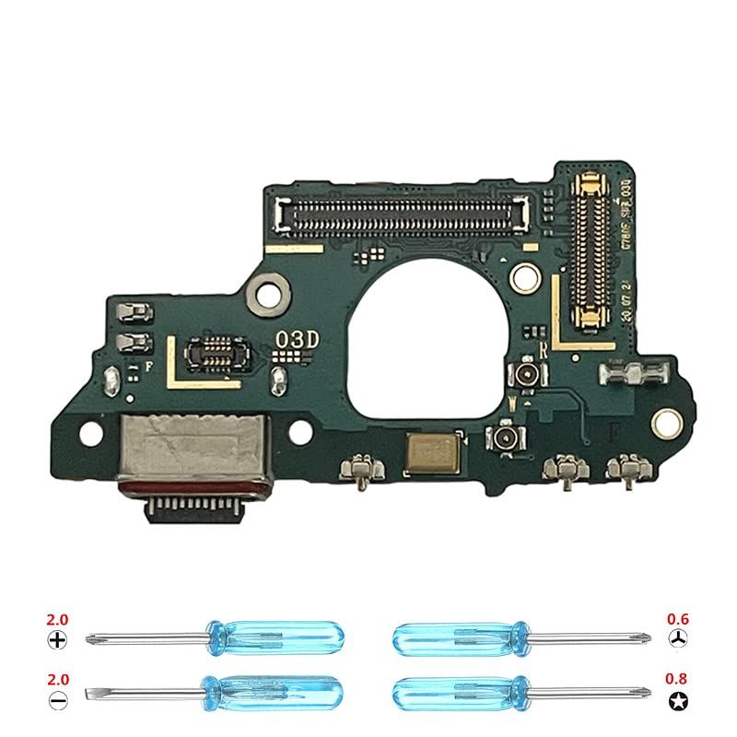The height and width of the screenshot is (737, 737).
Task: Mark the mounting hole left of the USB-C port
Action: pos(89,431)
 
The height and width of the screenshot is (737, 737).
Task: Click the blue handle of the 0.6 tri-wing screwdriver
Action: pos(461,636)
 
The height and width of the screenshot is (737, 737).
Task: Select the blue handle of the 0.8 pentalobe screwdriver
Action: pos(461,691)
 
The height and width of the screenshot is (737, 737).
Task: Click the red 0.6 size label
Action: pos(677,619)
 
